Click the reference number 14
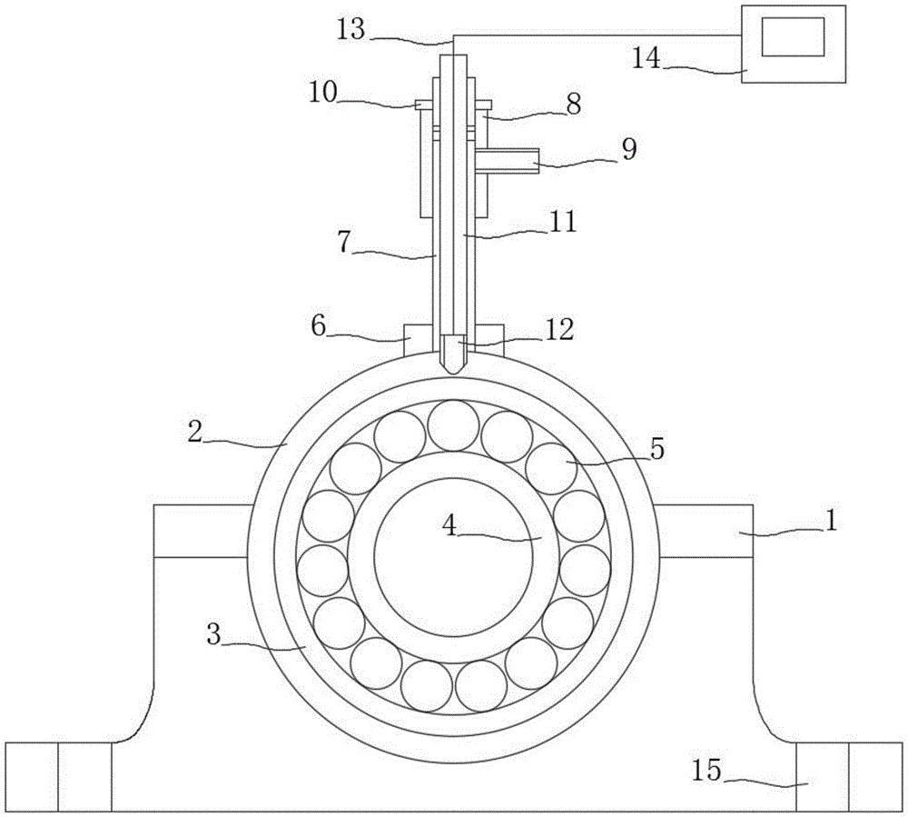pos(646,58)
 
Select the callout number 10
pos(322,92)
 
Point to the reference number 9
pos(629,148)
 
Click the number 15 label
pos(707,771)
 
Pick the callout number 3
pos(214,635)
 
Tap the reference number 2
pos(195,433)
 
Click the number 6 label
pos(319,326)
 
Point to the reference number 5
pos(656,449)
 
